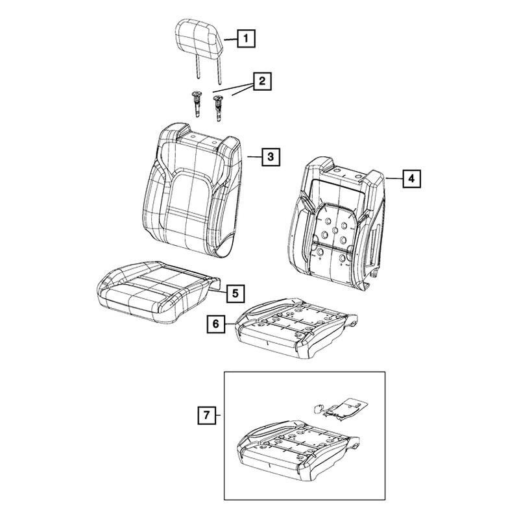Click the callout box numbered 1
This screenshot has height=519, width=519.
click(246, 38)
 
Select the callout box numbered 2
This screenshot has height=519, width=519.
click(262, 81)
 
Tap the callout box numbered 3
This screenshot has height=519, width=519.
click(271, 157)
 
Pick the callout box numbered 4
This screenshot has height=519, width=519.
click(411, 179)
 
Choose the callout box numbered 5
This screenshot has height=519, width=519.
click(235, 293)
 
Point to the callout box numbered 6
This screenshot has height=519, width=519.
click(216, 324)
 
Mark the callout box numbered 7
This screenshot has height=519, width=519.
click(207, 415)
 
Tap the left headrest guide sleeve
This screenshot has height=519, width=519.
click(197, 104)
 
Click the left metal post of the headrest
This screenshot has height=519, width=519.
click(197, 67)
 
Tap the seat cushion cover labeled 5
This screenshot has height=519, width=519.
click(158, 291)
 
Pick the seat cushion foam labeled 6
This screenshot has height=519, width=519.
click(296, 328)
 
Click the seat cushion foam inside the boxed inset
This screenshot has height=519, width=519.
click(298, 450)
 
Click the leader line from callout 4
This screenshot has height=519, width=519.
click(394, 178)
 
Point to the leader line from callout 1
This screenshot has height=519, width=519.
click(231, 40)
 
